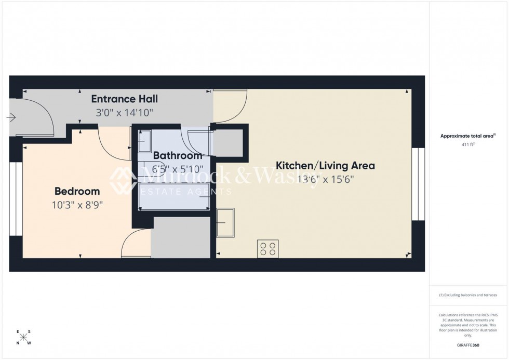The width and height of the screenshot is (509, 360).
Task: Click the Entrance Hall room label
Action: pos(125,99)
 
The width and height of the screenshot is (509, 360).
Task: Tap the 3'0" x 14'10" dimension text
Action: pos(125,112)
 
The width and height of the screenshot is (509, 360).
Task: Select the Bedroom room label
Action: pos(77,191)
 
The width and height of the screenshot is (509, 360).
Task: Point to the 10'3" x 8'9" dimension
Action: pos(77,205)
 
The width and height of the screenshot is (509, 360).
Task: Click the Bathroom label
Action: pos(177,155)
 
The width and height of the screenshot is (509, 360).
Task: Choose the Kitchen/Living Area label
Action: pos(325,166)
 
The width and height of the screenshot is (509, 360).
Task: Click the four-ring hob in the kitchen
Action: pos(268,248)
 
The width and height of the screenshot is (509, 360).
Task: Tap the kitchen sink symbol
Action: pos(225,222)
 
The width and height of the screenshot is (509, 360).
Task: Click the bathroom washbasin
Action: pos(144,140)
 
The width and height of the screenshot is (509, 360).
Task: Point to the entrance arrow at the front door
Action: pos(11,118)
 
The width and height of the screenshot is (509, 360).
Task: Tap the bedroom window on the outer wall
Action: pos(16,198)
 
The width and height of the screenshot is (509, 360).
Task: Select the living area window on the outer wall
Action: pos(418,184)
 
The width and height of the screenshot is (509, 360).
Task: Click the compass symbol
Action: pos(23,337)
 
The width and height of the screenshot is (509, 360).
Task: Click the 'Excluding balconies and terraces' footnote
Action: pos(468,295)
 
